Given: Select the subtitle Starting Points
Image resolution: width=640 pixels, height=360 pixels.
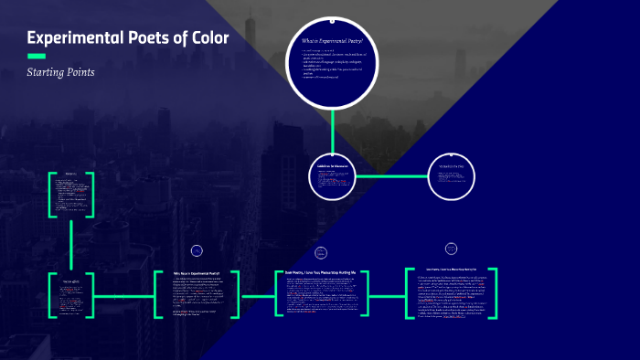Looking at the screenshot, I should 60,71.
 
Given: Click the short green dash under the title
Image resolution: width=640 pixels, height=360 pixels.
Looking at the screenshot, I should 37,57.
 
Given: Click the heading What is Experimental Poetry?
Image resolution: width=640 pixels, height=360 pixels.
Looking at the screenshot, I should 332,41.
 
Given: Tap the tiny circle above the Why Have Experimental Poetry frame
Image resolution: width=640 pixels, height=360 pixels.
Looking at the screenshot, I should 197,250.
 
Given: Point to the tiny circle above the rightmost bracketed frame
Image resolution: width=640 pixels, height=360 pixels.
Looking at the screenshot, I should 451,248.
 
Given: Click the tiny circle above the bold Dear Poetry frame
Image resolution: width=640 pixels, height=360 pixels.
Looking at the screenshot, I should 321,252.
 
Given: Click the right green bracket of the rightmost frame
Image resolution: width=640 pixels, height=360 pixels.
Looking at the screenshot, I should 494,293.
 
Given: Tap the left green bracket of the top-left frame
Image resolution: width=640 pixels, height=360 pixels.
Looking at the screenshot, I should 51,195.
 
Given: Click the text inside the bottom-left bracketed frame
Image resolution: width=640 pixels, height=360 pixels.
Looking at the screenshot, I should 72,293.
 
